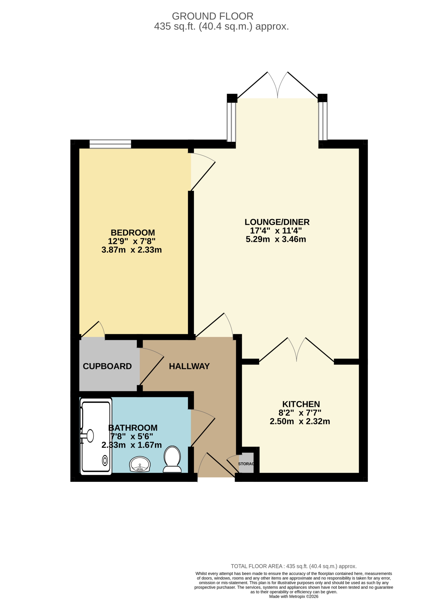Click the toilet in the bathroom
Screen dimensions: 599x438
tap(172, 460)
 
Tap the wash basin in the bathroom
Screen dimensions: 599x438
tap(140, 465)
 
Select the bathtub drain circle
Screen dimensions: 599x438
tap(105, 461)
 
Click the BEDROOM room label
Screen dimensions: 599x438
tap(133, 233)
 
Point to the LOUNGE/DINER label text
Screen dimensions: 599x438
tap(277, 222)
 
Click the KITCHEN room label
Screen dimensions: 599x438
tap(301, 404)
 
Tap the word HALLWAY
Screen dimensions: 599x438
tap(189, 366)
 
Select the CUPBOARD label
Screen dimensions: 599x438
tap(107, 366)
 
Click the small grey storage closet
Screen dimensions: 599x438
tap(247, 464)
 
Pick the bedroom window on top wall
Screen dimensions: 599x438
tap(110, 144)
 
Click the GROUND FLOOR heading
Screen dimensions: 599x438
tap(213, 16)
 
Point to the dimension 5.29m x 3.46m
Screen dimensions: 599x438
tap(276, 239)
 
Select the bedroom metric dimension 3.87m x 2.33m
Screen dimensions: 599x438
tap(132, 250)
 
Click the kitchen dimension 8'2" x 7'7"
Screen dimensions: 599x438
tap(300, 413)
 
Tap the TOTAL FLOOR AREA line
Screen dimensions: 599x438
tap(294, 566)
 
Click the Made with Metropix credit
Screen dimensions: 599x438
tap(294, 597)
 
